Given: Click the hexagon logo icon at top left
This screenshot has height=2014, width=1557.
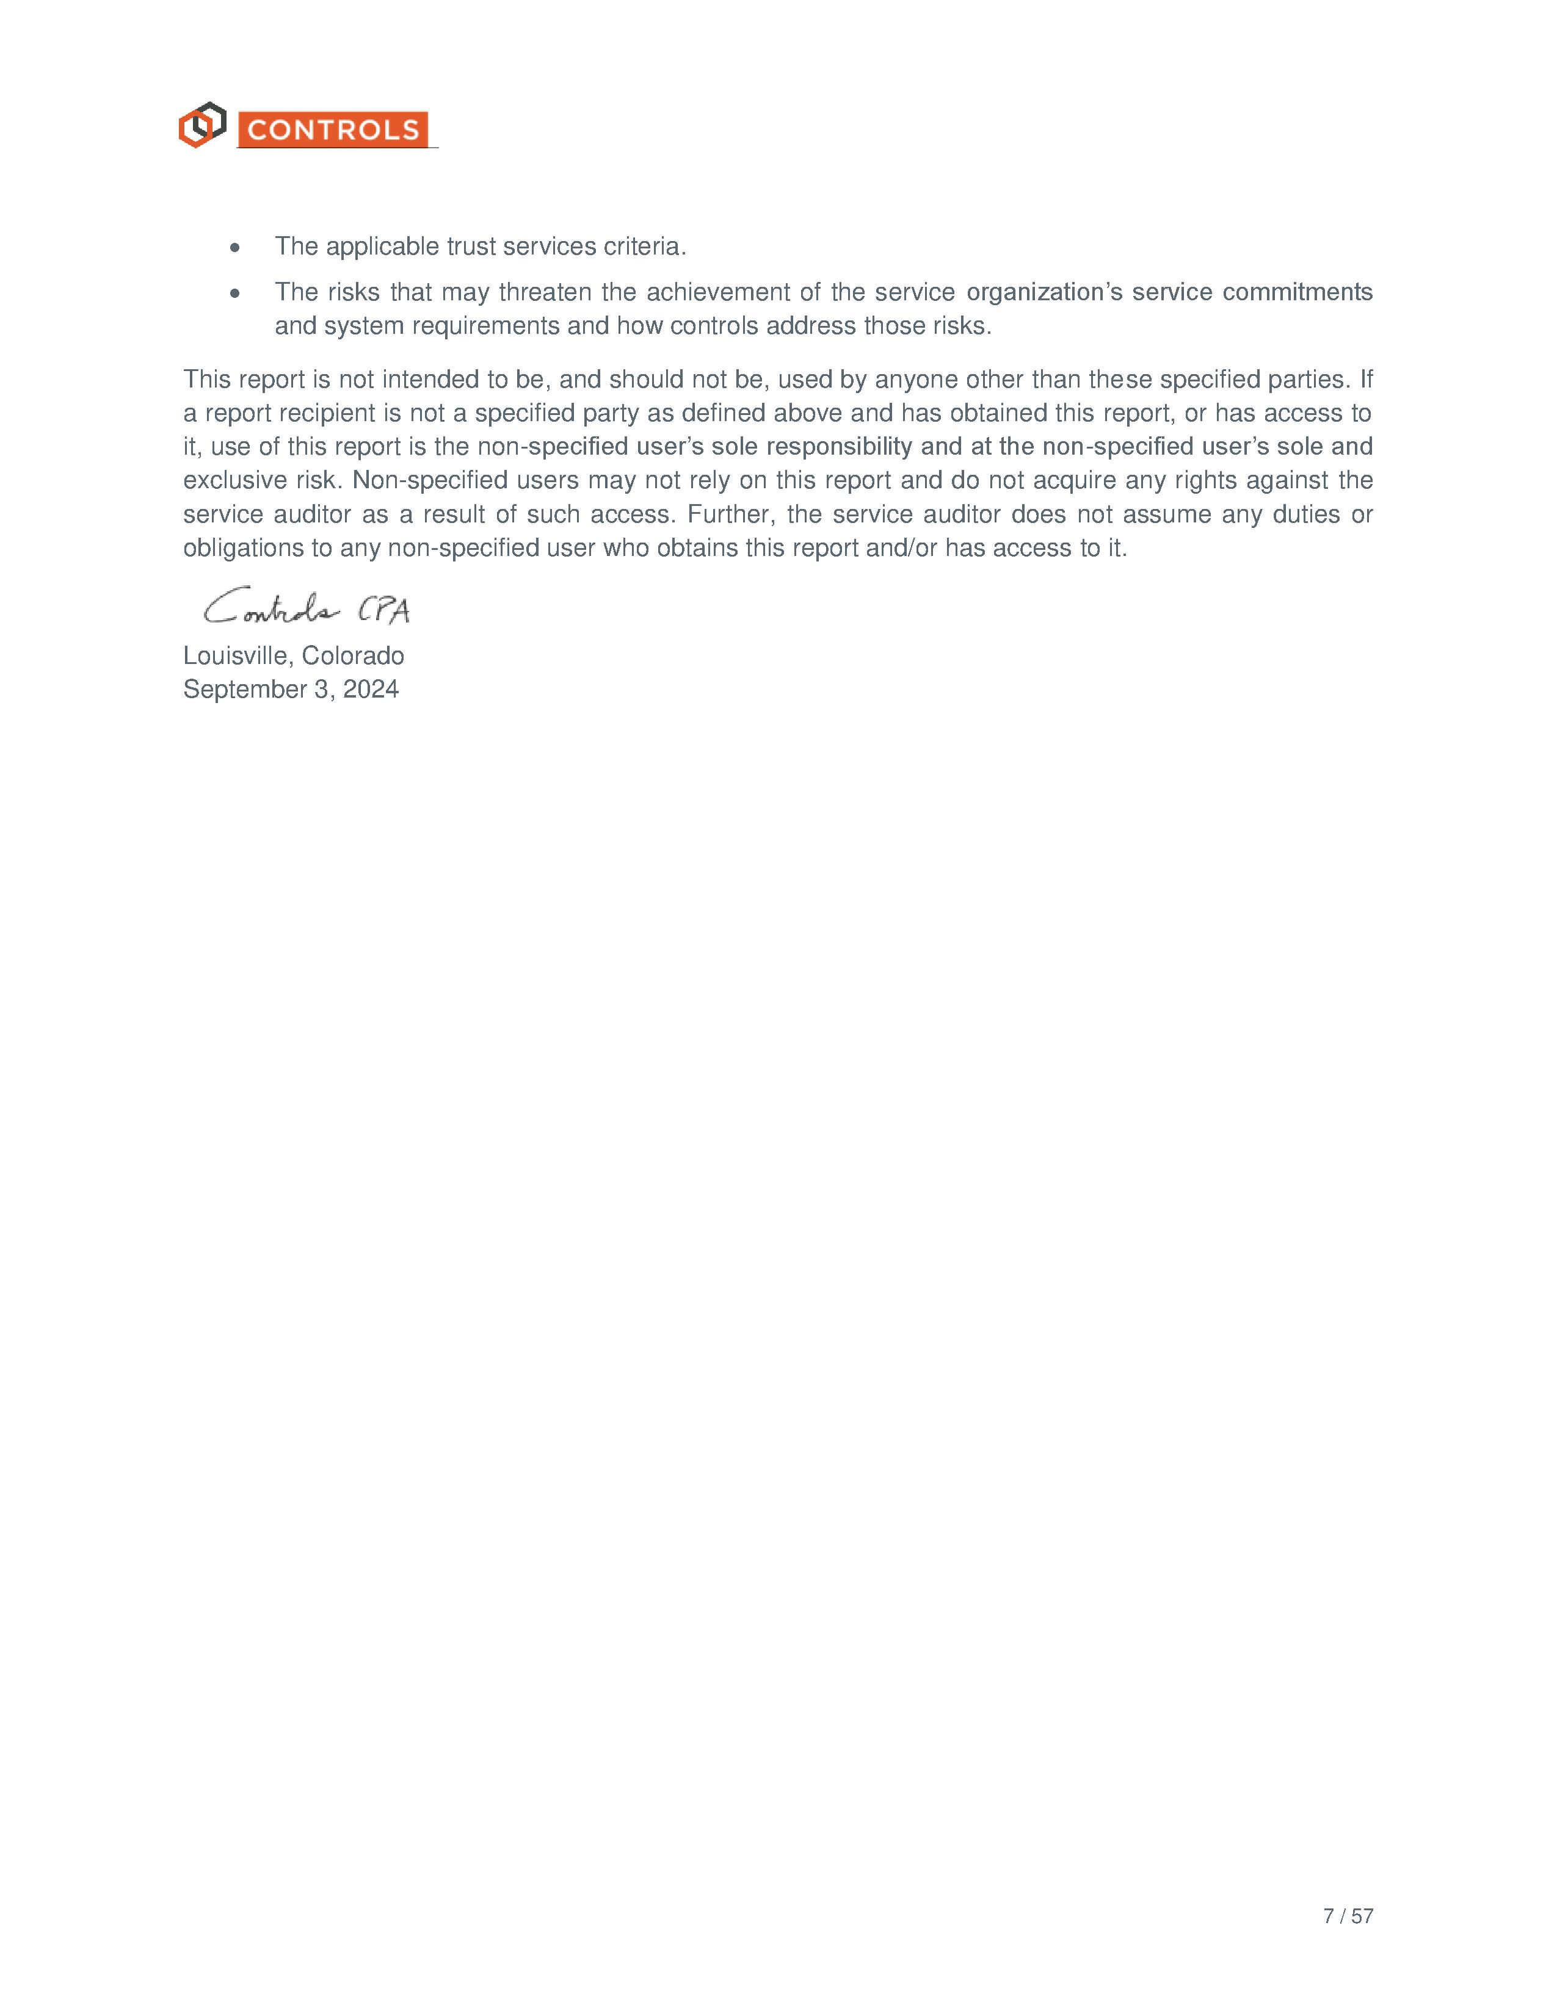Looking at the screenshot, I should [202, 125].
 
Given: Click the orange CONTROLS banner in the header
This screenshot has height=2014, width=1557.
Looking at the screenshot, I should [333, 130].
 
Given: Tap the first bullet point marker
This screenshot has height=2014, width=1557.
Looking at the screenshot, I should [236, 248].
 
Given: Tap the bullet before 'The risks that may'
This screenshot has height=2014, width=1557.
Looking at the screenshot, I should [236, 293].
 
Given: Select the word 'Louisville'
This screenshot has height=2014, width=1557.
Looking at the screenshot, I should [238, 655].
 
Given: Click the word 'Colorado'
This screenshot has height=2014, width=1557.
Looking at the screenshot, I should [354, 655].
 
